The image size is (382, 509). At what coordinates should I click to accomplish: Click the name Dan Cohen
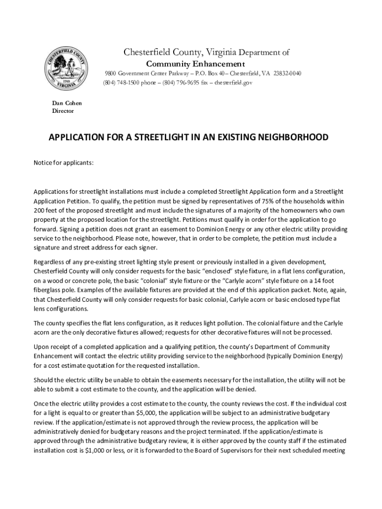[x=67, y=103]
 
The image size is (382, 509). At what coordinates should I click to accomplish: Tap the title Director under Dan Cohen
[x=63, y=111]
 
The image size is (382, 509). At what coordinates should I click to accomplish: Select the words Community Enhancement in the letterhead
[x=195, y=64]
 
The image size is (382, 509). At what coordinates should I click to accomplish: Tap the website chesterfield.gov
[x=233, y=83]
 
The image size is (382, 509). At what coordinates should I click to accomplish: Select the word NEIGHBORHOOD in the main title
[x=292, y=137]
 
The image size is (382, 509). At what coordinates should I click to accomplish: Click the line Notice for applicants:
[x=63, y=163]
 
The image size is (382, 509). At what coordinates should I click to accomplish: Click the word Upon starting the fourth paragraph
[x=41, y=346]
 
